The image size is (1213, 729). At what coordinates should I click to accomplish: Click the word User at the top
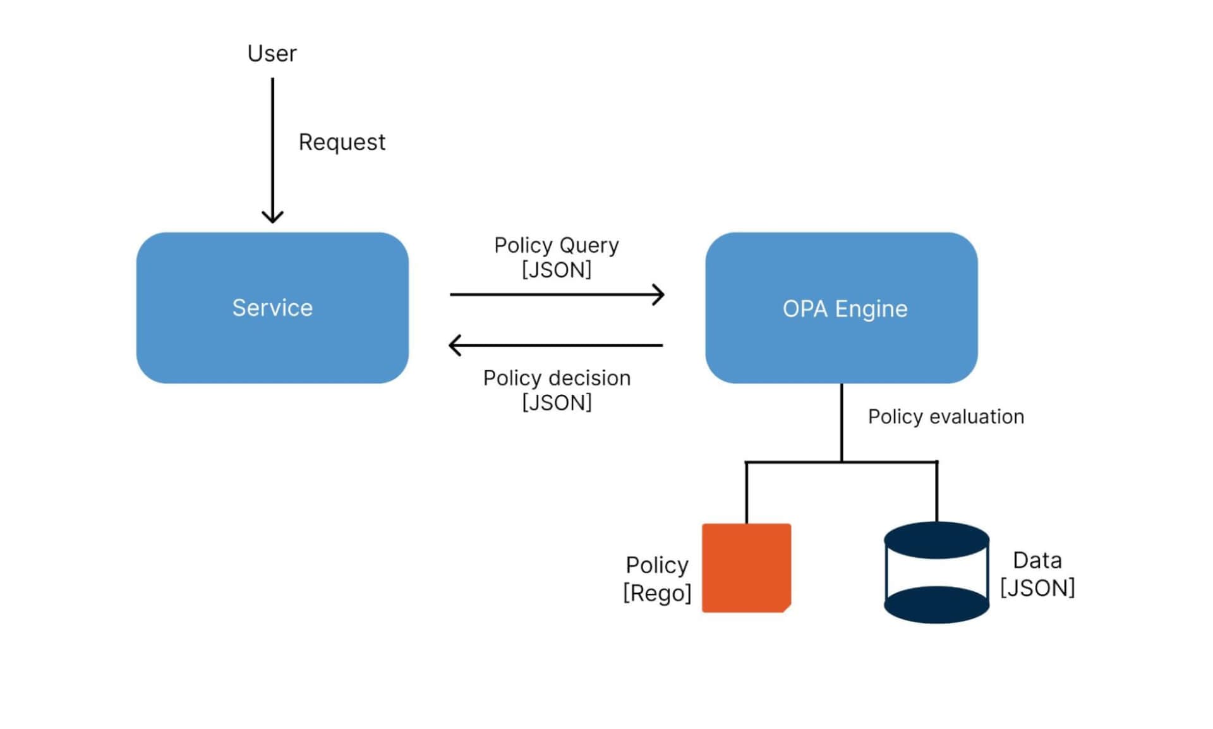pos(272,54)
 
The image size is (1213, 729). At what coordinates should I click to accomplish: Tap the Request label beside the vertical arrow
pos(342,142)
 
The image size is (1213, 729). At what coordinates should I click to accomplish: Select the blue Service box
pos(272,308)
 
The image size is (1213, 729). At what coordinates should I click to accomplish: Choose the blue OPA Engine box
pos(842,308)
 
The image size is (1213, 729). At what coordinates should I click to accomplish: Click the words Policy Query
pos(556,245)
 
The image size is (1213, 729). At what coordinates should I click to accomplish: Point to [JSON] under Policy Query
pos(556,270)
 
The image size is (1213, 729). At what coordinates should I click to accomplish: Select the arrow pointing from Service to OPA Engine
pos(556,294)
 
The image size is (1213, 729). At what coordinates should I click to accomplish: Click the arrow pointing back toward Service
pos(556,346)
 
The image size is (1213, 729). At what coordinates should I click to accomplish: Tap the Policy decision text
pos(557,378)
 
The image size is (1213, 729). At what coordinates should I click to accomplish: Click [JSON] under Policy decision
pos(557,402)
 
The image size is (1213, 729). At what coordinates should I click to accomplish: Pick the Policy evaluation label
pos(946,417)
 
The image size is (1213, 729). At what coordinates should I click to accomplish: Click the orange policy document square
pos(746,567)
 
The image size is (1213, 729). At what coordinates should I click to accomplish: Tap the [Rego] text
pos(657,593)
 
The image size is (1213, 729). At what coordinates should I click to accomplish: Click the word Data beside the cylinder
pos(1037,560)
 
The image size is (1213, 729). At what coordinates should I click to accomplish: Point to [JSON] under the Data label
pos(1037,588)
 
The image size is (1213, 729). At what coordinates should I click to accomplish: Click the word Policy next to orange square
pos(657,565)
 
